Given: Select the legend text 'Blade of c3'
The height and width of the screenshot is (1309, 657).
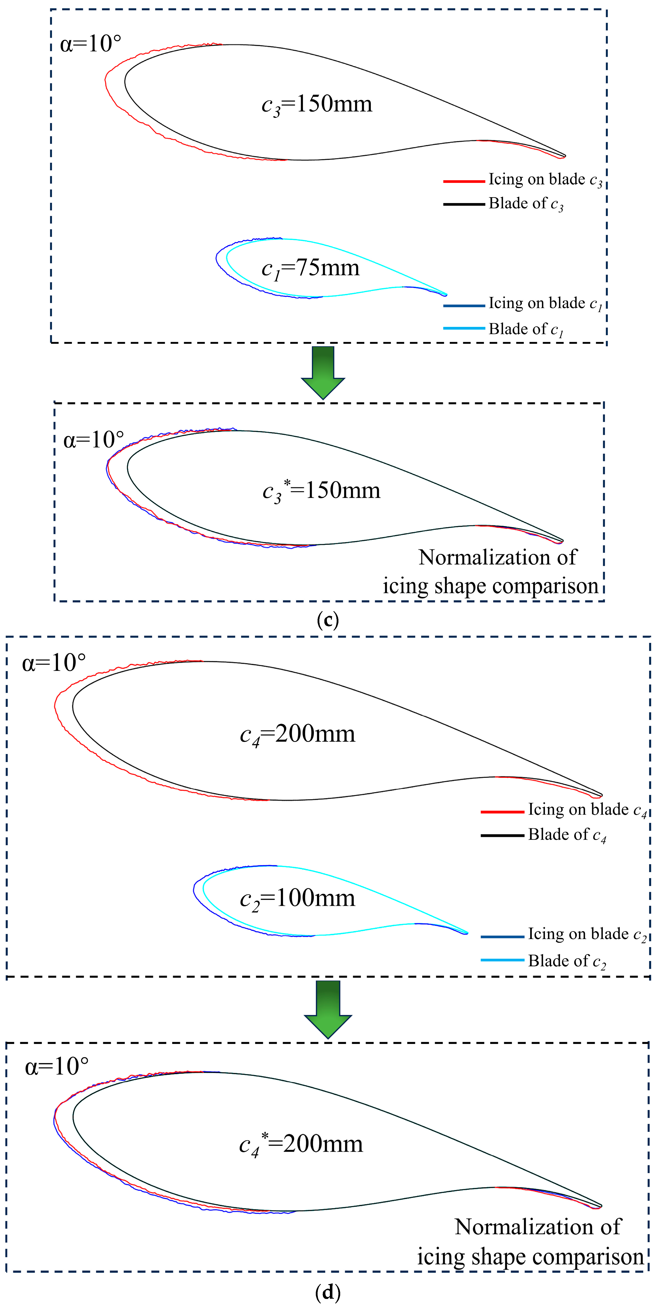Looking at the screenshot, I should (526, 204).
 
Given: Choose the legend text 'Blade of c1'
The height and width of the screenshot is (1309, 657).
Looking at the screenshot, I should (526, 329).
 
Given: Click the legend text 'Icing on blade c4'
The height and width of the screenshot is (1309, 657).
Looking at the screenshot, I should (587, 810).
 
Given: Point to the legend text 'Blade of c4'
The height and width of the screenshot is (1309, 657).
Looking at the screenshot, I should (567, 835).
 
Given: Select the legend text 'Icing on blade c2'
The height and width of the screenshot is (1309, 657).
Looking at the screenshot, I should (587, 934).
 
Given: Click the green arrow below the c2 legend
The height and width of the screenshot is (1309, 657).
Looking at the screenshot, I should (328, 1009).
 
